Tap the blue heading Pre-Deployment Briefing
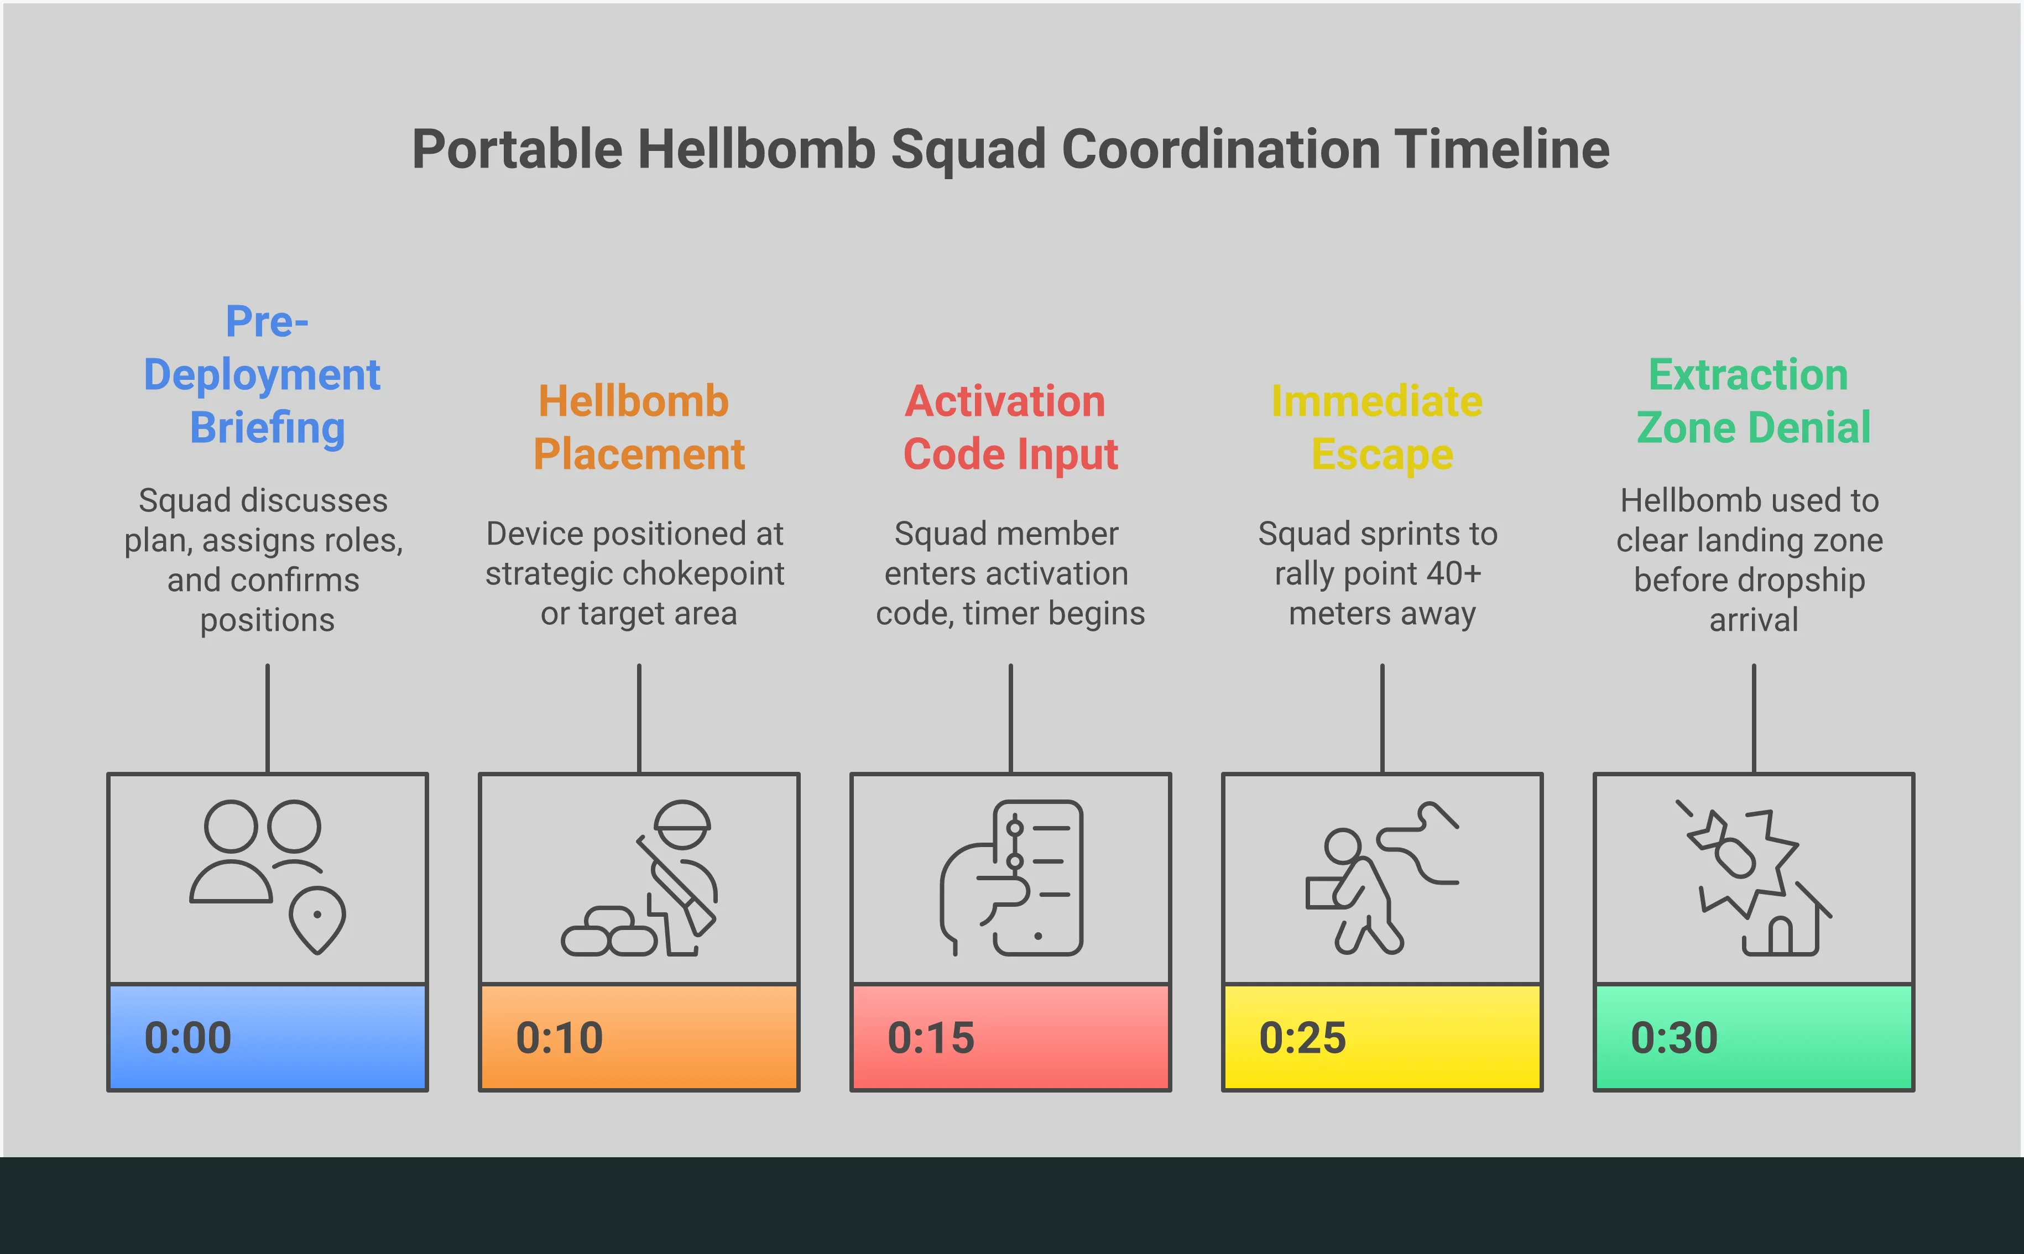[x=264, y=375]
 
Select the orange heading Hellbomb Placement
[x=638, y=428]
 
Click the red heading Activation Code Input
[x=1010, y=428]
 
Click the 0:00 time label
[x=188, y=1037]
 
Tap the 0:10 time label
[x=560, y=1037]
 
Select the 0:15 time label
[x=931, y=1037]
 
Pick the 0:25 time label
[x=1303, y=1037]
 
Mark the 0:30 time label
[x=1675, y=1037]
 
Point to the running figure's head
[x=1342, y=846]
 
